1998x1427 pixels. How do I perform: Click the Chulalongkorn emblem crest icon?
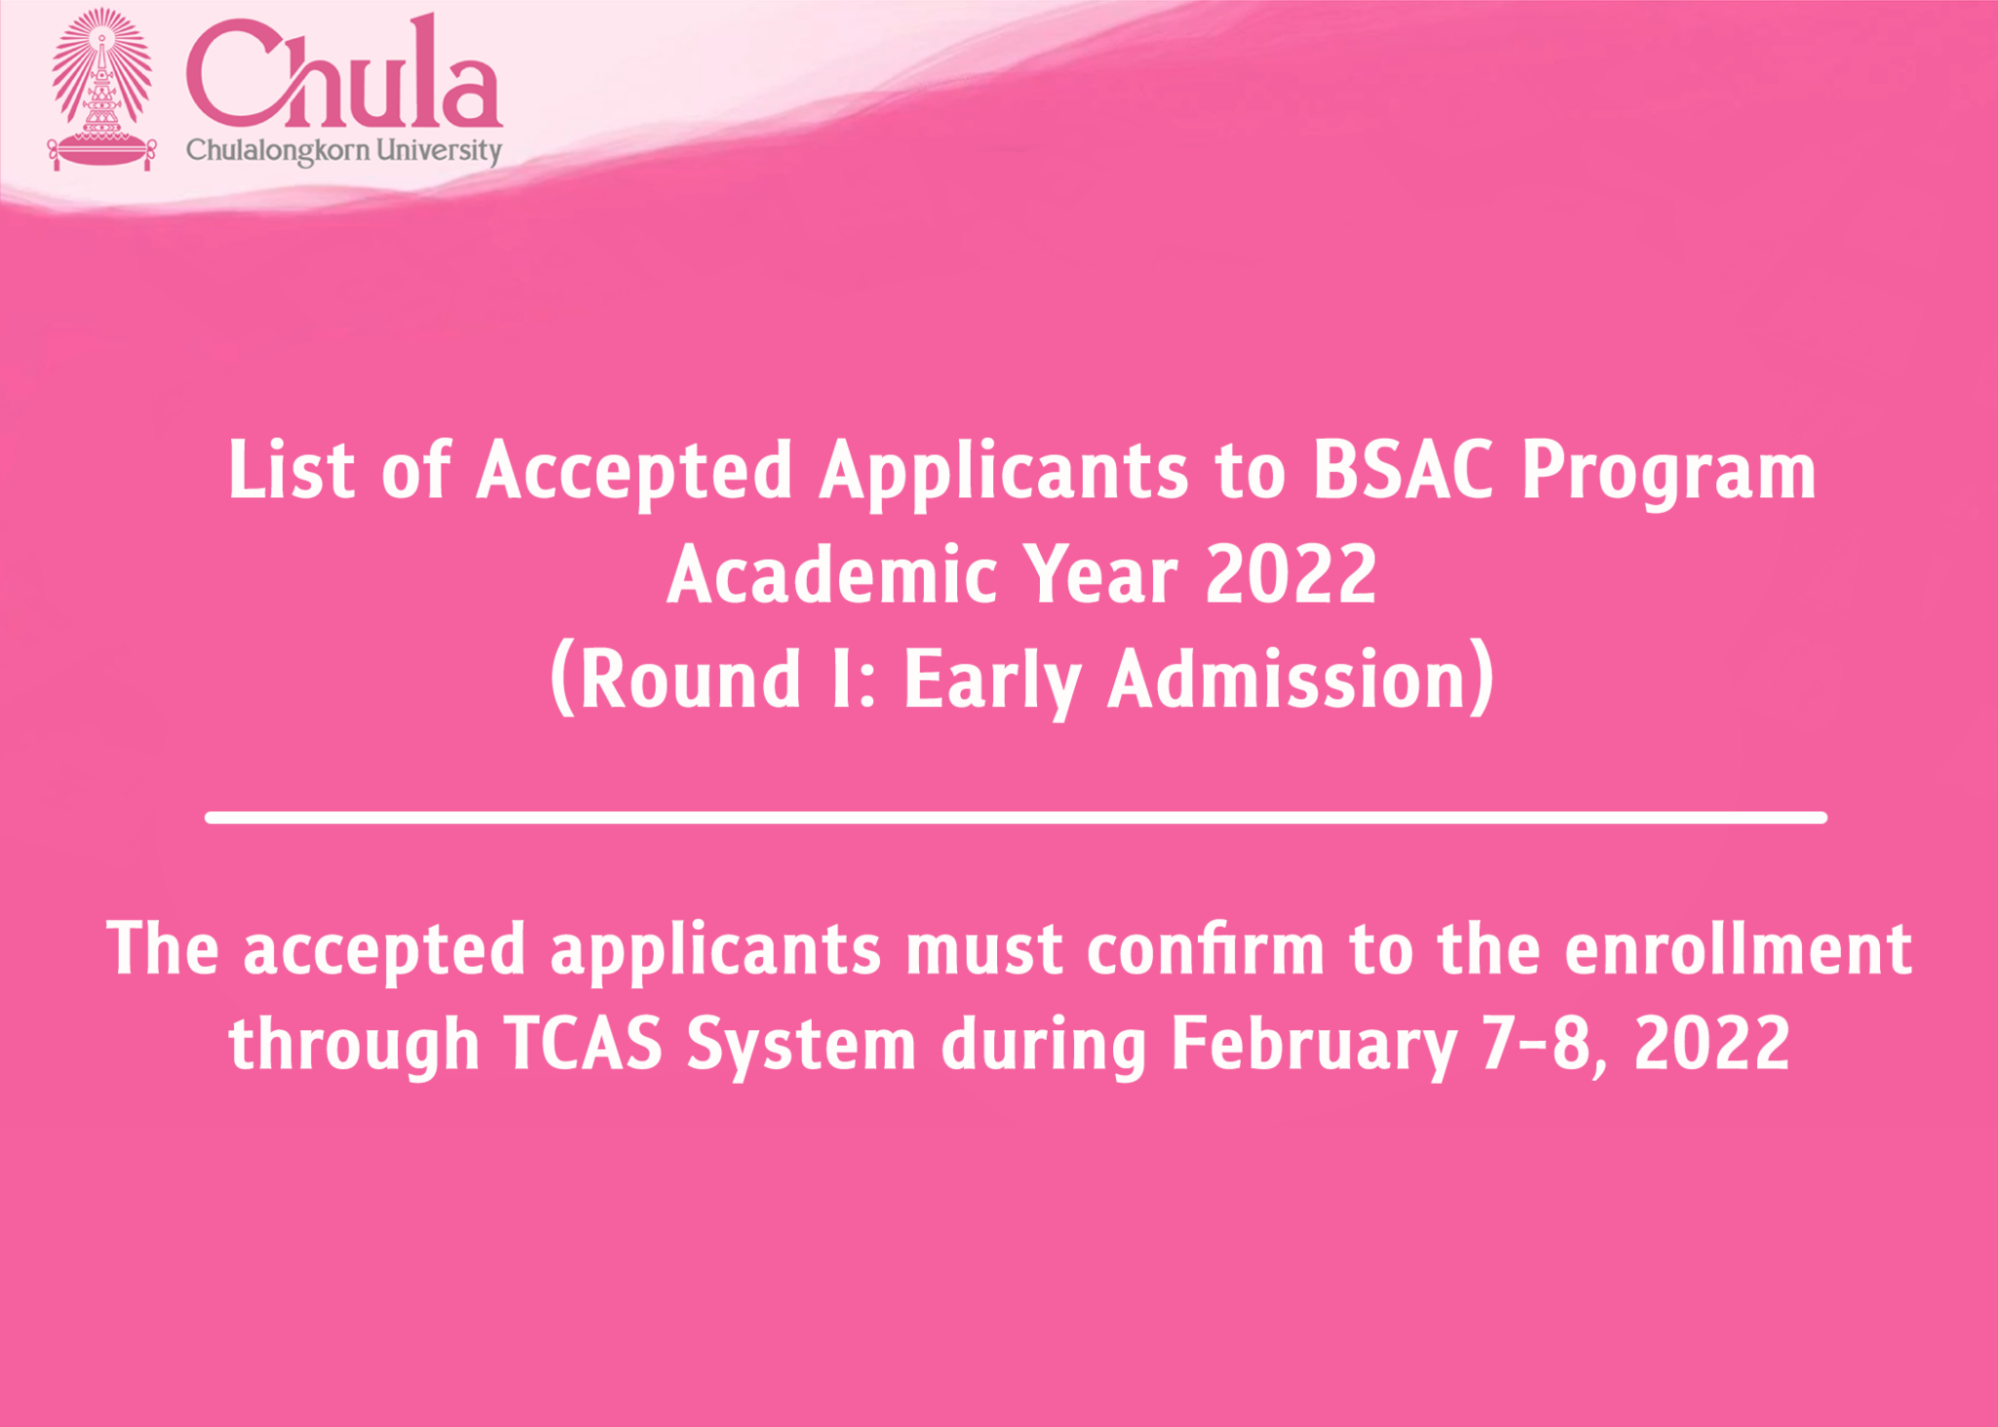tap(102, 89)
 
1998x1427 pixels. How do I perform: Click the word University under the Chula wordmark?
tap(439, 151)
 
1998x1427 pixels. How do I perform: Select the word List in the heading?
tap(291, 470)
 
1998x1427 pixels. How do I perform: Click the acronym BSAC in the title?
tap(1402, 470)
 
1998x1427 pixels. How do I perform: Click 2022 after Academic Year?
tap(1291, 575)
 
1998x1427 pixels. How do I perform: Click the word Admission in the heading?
tap(1288, 679)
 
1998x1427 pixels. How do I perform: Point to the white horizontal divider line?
tap(1016, 817)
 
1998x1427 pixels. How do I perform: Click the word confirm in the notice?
tap(1205, 947)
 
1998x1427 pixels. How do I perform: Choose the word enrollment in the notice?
tap(1738, 947)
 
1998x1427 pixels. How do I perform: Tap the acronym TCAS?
tap(583, 1043)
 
